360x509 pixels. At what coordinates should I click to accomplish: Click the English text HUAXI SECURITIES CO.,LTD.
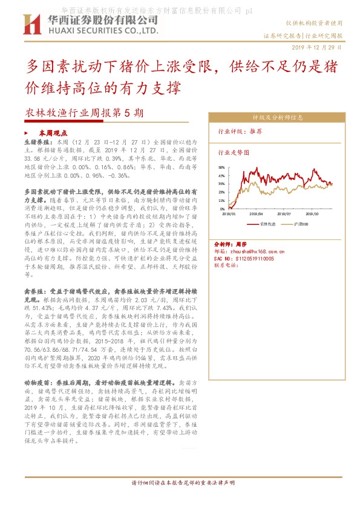click(x=100, y=30)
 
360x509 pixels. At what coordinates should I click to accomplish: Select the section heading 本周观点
click(x=53, y=132)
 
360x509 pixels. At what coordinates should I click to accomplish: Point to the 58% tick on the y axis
click(x=221, y=167)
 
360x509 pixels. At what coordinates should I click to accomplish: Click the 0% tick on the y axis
click(x=223, y=209)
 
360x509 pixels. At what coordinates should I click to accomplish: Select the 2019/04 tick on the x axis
click(x=257, y=213)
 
